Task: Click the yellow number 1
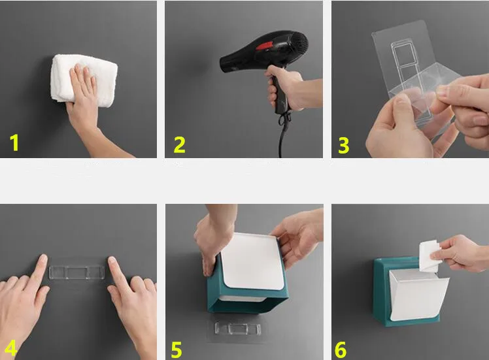click(x=14, y=142)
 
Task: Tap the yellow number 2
click(x=179, y=144)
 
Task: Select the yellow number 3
click(x=344, y=145)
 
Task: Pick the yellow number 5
click(x=177, y=350)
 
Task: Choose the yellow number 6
click(x=341, y=350)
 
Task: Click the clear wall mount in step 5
click(x=238, y=329)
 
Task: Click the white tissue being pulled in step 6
click(x=429, y=255)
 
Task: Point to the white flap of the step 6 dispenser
click(x=418, y=295)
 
